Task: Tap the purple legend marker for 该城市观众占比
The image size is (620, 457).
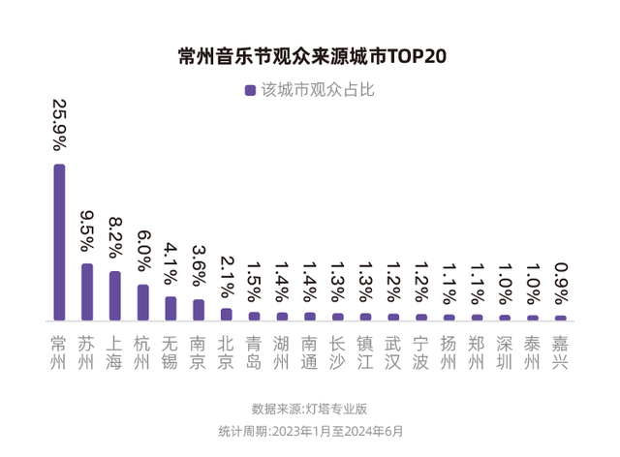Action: (x=250, y=90)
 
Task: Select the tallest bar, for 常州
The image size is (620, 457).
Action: (x=59, y=242)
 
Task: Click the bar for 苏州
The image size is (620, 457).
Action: (x=87, y=291)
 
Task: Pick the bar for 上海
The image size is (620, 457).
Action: (x=114, y=295)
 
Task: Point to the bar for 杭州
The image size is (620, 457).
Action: (x=142, y=302)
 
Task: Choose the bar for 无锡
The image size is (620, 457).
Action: (x=170, y=308)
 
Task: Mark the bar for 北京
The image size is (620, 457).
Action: (x=227, y=314)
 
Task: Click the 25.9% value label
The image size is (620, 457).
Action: (x=59, y=127)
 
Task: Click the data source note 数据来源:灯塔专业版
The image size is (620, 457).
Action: (x=310, y=409)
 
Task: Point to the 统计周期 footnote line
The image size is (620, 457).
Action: (x=310, y=431)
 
